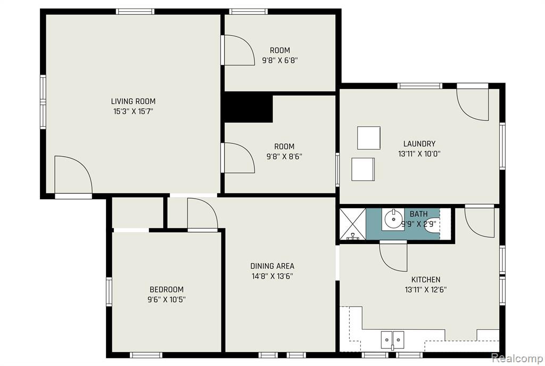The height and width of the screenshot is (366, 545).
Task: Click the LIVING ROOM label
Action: pos(133,101)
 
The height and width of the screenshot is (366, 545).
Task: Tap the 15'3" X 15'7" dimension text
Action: pos(133,112)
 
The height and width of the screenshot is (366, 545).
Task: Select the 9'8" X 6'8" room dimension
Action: pos(280,60)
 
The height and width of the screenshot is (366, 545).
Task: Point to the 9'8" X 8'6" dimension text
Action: pos(284,157)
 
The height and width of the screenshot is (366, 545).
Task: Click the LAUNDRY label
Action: pos(419,144)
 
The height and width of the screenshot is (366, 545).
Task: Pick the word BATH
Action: pos(418,214)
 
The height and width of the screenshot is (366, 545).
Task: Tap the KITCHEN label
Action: pos(426,280)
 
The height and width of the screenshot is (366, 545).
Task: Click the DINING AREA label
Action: pos(272,266)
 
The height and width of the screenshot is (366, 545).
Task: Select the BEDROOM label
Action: pos(167,289)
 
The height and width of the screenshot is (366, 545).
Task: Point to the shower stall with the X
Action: pos(353,224)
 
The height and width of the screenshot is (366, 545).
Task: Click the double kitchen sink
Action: pos(392,340)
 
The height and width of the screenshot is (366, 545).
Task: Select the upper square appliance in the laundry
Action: pos(369,138)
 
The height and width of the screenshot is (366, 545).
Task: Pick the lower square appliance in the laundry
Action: pos(363,169)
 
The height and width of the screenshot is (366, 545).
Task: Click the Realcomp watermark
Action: pos(517,358)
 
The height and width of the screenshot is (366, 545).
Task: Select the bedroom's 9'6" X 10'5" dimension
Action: pos(167,299)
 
